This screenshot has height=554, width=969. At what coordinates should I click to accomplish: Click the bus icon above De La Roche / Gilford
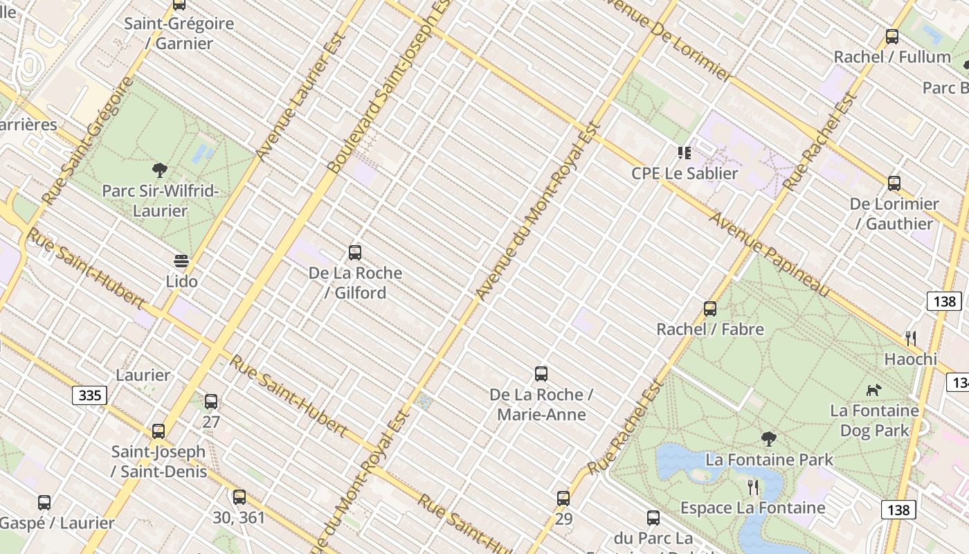click(355, 253)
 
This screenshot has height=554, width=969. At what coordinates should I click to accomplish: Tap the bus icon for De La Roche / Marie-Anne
click(541, 374)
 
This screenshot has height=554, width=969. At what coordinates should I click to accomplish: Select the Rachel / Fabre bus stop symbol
click(710, 309)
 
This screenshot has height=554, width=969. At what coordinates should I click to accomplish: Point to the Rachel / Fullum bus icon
click(892, 37)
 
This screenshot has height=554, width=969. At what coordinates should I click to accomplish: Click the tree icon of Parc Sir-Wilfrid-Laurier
click(160, 170)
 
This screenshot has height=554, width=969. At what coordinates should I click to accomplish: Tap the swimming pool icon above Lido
click(181, 261)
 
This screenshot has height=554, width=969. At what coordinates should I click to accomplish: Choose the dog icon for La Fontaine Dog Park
click(874, 390)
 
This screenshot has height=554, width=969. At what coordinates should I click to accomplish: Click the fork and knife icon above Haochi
click(911, 339)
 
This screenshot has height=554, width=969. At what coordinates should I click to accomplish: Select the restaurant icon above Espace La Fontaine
click(753, 488)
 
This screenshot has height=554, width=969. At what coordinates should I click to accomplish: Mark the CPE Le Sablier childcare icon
click(685, 153)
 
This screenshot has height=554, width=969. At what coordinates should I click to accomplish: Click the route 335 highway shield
click(90, 395)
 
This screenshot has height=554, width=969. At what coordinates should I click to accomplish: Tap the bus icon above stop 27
click(211, 402)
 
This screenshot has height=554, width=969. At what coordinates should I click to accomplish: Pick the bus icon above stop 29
click(563, 499)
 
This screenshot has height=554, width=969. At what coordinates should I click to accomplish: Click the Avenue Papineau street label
click(770, 254)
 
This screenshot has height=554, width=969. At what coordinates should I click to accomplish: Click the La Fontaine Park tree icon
click(768, 439)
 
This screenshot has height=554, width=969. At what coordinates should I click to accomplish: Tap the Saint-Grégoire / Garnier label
click(179, 33)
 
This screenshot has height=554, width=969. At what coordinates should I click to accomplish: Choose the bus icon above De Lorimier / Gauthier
click(894, 184)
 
